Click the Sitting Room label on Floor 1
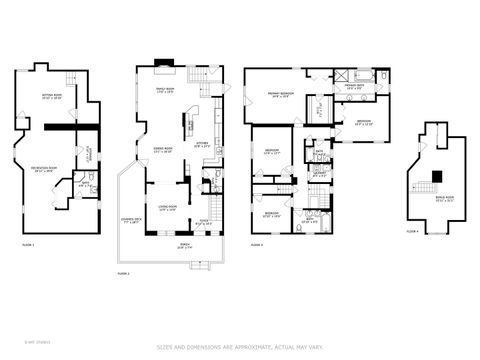tap(52, 97)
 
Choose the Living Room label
tap(166, 208)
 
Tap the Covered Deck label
tap(132, 220)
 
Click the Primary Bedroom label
tap(278, 95)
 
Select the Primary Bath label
tap(354, 87)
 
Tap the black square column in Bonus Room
tap(435, 177)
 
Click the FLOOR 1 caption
tap(28, 244)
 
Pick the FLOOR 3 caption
tap(257, 244)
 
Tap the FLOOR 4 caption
tap(411, 231)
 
